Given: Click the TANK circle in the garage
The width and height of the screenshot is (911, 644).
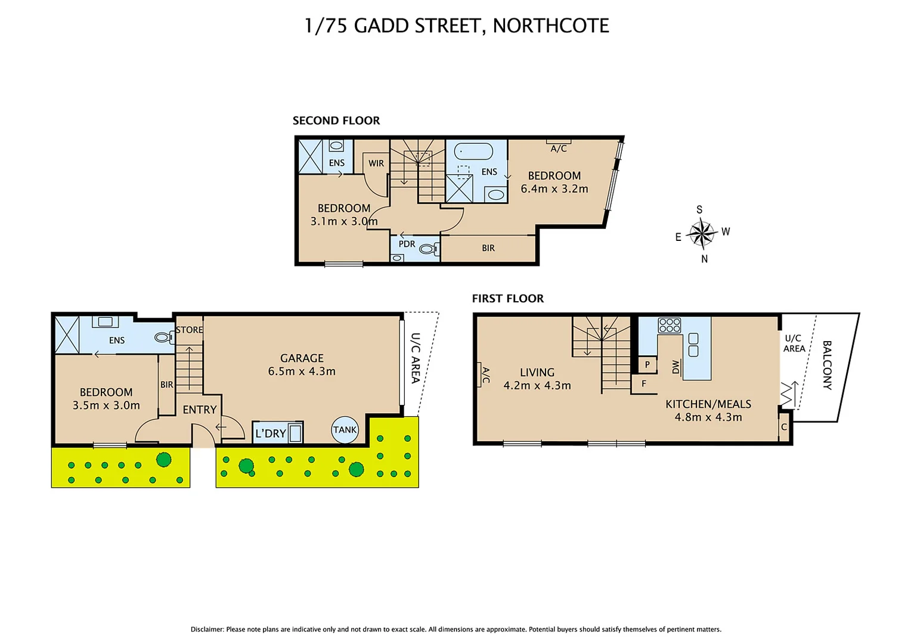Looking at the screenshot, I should (345, 429).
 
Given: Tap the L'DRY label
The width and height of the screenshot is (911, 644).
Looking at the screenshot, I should (271, 434).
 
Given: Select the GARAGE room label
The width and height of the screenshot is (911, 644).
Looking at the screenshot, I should (302, 358).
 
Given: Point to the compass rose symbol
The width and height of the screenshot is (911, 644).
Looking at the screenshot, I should (702, 233).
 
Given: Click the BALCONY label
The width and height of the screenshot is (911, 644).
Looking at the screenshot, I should (827, 365).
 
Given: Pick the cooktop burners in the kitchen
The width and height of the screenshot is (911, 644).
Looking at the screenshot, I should (670, 326).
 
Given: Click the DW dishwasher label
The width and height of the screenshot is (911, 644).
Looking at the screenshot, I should (675, 367).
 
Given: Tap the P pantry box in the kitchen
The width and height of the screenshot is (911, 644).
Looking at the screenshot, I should (647, 364).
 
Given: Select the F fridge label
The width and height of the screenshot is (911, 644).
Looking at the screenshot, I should (644, 384).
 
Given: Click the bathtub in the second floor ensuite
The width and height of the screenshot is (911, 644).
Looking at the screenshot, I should (474, 151).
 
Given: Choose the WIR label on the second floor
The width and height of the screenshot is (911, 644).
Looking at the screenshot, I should (376, 163).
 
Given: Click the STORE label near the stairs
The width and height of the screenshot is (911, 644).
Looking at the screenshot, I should (190, 330).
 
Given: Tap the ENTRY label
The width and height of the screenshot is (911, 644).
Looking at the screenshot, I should (200, 410).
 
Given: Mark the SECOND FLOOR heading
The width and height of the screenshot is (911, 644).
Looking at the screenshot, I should (336, 120).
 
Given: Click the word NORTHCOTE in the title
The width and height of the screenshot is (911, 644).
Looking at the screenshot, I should (551, 26).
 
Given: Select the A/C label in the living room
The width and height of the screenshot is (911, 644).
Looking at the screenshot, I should (485, 375).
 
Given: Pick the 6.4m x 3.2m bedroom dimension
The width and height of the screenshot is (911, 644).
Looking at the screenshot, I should (554, 189).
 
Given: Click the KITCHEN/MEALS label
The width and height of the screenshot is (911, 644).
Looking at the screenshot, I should (708, 404).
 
